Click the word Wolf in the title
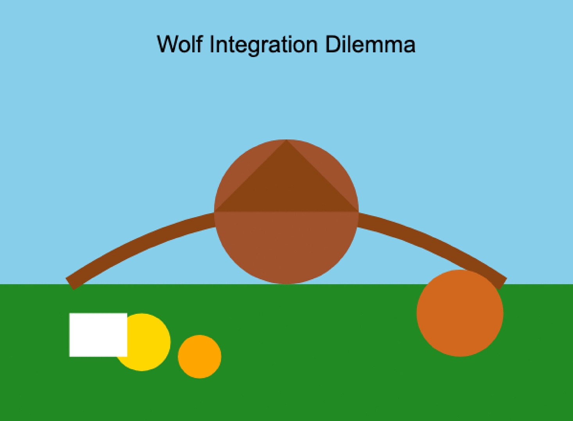pos(180,44)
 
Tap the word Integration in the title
pos(263,45)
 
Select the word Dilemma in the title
pos(370,44)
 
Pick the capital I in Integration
pos(211,44)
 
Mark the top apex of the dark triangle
pos(286,140)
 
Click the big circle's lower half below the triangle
pos(286,246)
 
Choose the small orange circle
pos(199,357)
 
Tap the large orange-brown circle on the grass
pos(460,313)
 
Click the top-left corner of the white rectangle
pos(70,314)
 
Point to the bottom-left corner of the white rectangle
pos(70,356)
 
